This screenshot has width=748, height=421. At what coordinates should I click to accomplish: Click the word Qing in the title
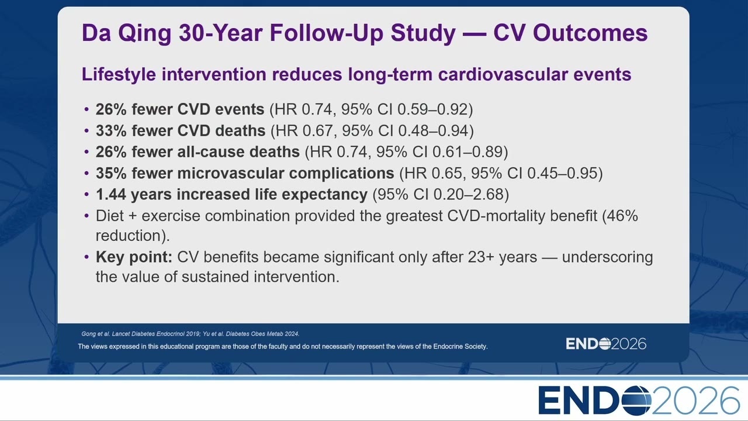[x=144, y=33]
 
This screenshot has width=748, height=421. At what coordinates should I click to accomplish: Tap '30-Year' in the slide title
[x=221, y=33]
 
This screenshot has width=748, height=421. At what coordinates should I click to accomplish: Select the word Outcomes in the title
[x=590, y=33]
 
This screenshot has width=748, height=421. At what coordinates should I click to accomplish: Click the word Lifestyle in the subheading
[x=119, y=74]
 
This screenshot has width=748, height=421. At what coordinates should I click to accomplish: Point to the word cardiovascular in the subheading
[x=503, y=74]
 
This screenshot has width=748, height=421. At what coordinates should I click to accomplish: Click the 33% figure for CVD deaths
[x=111, y=130]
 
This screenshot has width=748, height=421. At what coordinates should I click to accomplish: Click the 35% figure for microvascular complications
[x=111, y=173]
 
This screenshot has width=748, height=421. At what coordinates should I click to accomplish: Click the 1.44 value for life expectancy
[x=111, y=195]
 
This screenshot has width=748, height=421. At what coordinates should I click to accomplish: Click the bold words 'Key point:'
[x=134, y=257]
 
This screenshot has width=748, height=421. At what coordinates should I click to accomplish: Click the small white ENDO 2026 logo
[x=606, y=344]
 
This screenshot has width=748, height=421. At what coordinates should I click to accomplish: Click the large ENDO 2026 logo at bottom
[x=639, y=401]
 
